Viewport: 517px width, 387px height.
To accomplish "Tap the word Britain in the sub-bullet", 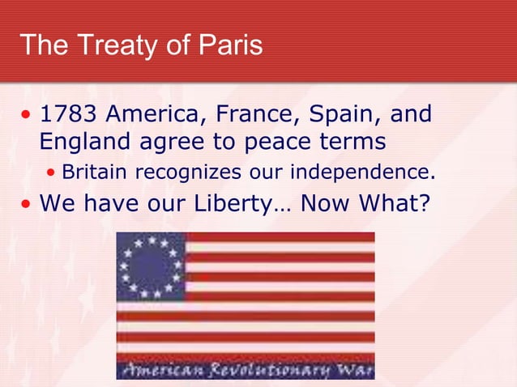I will click(x=96, y=172).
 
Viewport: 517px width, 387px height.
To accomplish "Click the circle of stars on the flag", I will click(x=151, y=266).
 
